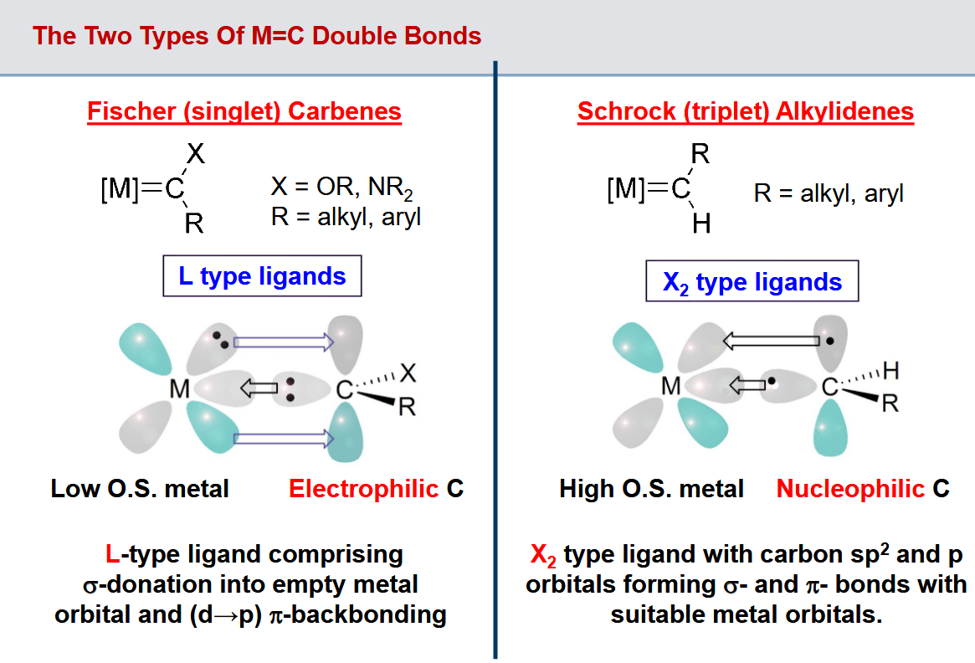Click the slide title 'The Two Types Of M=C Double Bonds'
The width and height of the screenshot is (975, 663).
click(257, 36)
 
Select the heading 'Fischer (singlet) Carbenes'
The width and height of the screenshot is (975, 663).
click(244, 111)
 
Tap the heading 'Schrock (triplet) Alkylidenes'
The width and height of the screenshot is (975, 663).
click(746, 111)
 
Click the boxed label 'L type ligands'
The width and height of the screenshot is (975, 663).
click(262, 276)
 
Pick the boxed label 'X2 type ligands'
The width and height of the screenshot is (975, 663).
click(752, 282)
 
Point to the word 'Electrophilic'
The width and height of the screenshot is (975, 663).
click(364, 489)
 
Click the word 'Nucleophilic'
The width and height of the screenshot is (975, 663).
click(850, 489)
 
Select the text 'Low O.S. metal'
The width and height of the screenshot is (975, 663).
click(140, 489)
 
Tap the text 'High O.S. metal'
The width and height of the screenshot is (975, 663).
click(651, 489)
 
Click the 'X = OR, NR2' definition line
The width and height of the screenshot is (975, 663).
click(342, 187)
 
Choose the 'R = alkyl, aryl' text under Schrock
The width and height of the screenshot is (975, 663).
click(829, 193)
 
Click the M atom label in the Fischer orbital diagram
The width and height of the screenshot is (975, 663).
click(180, 389)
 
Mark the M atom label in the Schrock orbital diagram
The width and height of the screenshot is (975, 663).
click(671, 386)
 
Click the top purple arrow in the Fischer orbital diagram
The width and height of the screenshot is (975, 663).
click(284, 342)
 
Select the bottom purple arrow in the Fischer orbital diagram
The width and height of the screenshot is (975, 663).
click(284, 439)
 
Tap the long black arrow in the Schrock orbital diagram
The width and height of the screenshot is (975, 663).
click(771, 341)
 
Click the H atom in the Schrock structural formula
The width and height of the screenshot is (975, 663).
click(701, 224)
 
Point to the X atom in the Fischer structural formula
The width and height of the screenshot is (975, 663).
click(196, 153)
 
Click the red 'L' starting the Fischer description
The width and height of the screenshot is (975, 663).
click(112, 554)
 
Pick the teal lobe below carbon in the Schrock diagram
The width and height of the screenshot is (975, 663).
click(831, 428)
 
